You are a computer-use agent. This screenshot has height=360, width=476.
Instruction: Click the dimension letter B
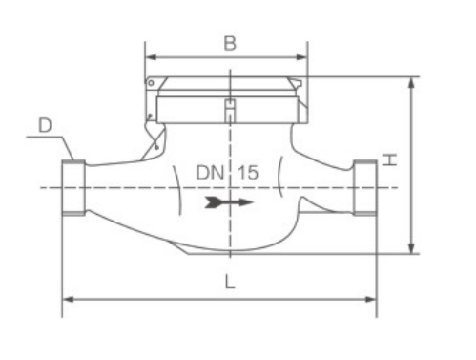coord(230,43)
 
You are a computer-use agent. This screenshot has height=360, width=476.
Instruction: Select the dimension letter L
coord(230,282)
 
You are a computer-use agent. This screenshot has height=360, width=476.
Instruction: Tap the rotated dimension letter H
coord(389,159)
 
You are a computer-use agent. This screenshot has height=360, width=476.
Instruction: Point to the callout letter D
coord(45,125)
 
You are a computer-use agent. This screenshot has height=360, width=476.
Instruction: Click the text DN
coord(210,172)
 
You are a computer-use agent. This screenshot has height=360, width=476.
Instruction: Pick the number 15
coord(248,172)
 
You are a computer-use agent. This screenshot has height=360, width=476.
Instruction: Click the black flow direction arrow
coord(229,202)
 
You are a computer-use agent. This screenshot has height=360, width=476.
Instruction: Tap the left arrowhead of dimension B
coord(151,57)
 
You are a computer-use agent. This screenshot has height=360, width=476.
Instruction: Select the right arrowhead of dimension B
coord(301,57)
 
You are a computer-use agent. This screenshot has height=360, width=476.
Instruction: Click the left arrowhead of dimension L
coord(69,299)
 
